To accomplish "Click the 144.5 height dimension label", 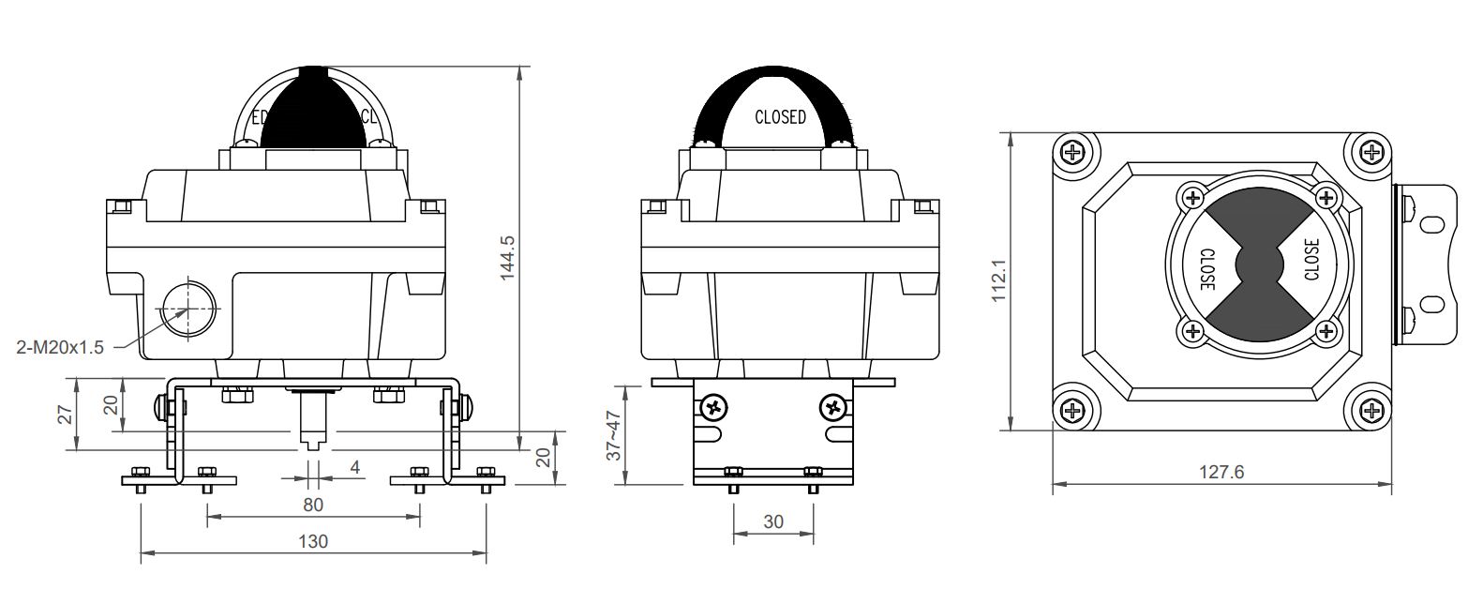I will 507,255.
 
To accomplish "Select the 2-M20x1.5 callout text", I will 62,347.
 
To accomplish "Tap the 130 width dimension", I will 313,541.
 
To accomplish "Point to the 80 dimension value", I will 313,505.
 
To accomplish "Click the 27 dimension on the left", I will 65,415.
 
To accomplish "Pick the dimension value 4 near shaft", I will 354,466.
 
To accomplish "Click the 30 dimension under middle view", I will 772,521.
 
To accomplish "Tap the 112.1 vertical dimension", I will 998,280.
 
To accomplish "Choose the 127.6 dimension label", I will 1221,473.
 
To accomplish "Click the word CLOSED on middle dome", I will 780,117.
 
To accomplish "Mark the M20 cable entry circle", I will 187,308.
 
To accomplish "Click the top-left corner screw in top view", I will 1073,152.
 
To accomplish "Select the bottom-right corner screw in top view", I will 1370,410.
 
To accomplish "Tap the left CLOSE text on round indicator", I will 1207,269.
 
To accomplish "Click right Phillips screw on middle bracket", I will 833,407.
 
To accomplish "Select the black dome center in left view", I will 312,111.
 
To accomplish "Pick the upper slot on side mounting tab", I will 1431,224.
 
